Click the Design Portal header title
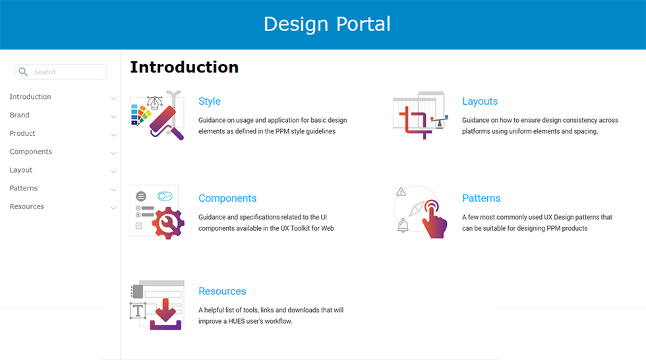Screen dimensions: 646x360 point(327,24)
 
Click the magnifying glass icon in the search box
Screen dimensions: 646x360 point(23,72)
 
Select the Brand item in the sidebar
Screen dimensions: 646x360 point(19,115)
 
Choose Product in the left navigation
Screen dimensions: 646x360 point(22,133)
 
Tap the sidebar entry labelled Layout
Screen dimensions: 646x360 point(20,169)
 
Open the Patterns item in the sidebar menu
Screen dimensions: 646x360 point(24,188)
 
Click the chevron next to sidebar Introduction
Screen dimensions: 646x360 point(113,98)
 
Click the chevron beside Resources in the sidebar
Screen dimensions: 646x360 point(113,208)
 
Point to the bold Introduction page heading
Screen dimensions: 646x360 point(184,67)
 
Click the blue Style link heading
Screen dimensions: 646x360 point(210,101)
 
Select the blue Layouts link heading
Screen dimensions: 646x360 point(480,101)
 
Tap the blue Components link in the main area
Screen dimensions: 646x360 point(227,198)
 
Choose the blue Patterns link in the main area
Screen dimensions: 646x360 point(481,198)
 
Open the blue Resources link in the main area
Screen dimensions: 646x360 point(222,291)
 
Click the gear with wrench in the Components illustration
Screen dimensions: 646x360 point(168,223)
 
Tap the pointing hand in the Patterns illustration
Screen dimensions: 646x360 point(434,220)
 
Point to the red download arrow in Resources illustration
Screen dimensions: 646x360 point(165,310)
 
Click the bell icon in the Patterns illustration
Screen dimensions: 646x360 point(403,225)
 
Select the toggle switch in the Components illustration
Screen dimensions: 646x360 point(165,196)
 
